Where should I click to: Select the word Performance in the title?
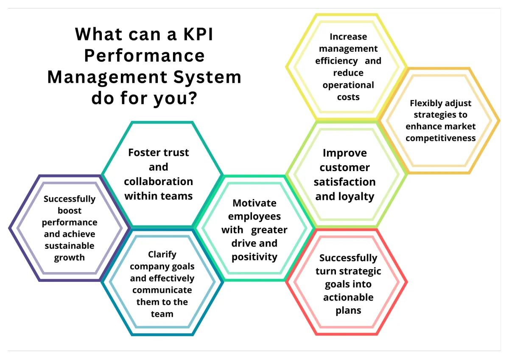144,56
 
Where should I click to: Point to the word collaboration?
158,181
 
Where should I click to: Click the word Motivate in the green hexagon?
254,203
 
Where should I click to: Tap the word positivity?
254,257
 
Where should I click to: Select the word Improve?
344,153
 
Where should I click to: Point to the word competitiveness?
440,138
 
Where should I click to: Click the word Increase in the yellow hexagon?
348,37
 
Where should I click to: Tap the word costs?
348,97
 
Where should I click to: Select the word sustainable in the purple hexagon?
69,245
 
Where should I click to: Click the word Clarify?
162,254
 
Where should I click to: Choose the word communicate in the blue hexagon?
162,290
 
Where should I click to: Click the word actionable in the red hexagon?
348,297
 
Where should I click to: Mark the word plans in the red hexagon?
348,310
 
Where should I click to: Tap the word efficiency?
336,61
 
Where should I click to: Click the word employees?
254,217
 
